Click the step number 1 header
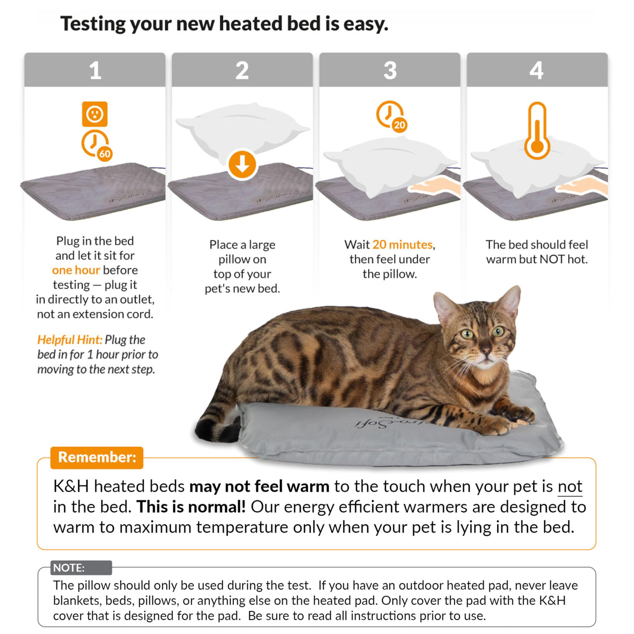(95, 71)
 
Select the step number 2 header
(242, 71)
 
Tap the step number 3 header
(390, 71)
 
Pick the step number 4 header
(536, 71)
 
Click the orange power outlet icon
(95, 114)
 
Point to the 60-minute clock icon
(96, 145)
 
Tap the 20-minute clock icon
(391, 116)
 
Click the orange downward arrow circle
(242, 165)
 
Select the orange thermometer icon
(537, 131)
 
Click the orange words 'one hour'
(76, 270)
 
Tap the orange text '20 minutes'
(403, 244)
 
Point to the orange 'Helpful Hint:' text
(69, 339)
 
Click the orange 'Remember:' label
(97, 457)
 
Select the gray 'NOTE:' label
(69, 568)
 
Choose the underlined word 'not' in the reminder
(570, 486)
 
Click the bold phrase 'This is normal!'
(191, 507)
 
